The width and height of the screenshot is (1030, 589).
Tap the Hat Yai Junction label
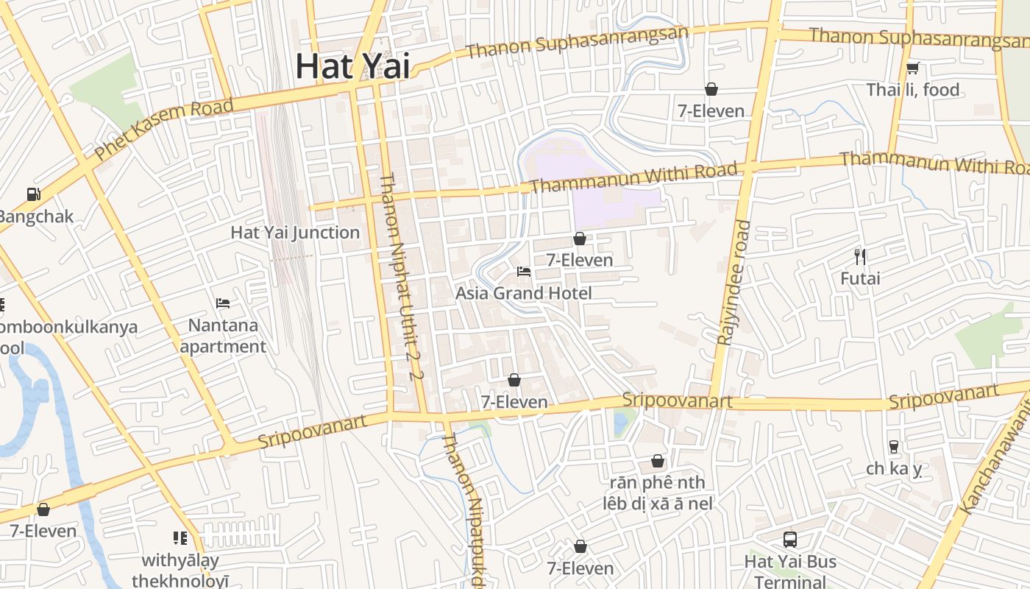[295, 233]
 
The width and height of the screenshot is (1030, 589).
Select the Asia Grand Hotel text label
[523, 293]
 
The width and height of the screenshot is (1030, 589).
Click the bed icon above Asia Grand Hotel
[524, 272]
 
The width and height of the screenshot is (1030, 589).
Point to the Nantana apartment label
[223, 336]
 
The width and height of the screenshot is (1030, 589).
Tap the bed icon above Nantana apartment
[223, 303]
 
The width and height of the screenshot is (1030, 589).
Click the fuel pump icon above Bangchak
[33, 194]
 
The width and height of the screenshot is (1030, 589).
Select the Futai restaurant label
[860, 279]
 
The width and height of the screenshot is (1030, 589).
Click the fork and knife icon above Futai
[860, 257]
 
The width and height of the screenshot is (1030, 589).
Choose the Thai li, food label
[912, 90]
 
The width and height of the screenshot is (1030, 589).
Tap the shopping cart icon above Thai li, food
[912, 68]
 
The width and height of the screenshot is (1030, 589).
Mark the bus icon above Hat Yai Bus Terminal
[790, 540]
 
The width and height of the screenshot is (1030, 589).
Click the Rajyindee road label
[734, 283]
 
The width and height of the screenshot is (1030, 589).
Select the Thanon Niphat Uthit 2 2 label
[401, 276]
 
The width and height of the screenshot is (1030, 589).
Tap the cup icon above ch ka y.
[894, 447]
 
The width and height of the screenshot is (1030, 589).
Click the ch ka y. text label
[894, 469]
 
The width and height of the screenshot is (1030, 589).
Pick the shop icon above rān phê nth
[658, 461]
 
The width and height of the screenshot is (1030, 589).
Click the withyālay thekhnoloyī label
[180, 571]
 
